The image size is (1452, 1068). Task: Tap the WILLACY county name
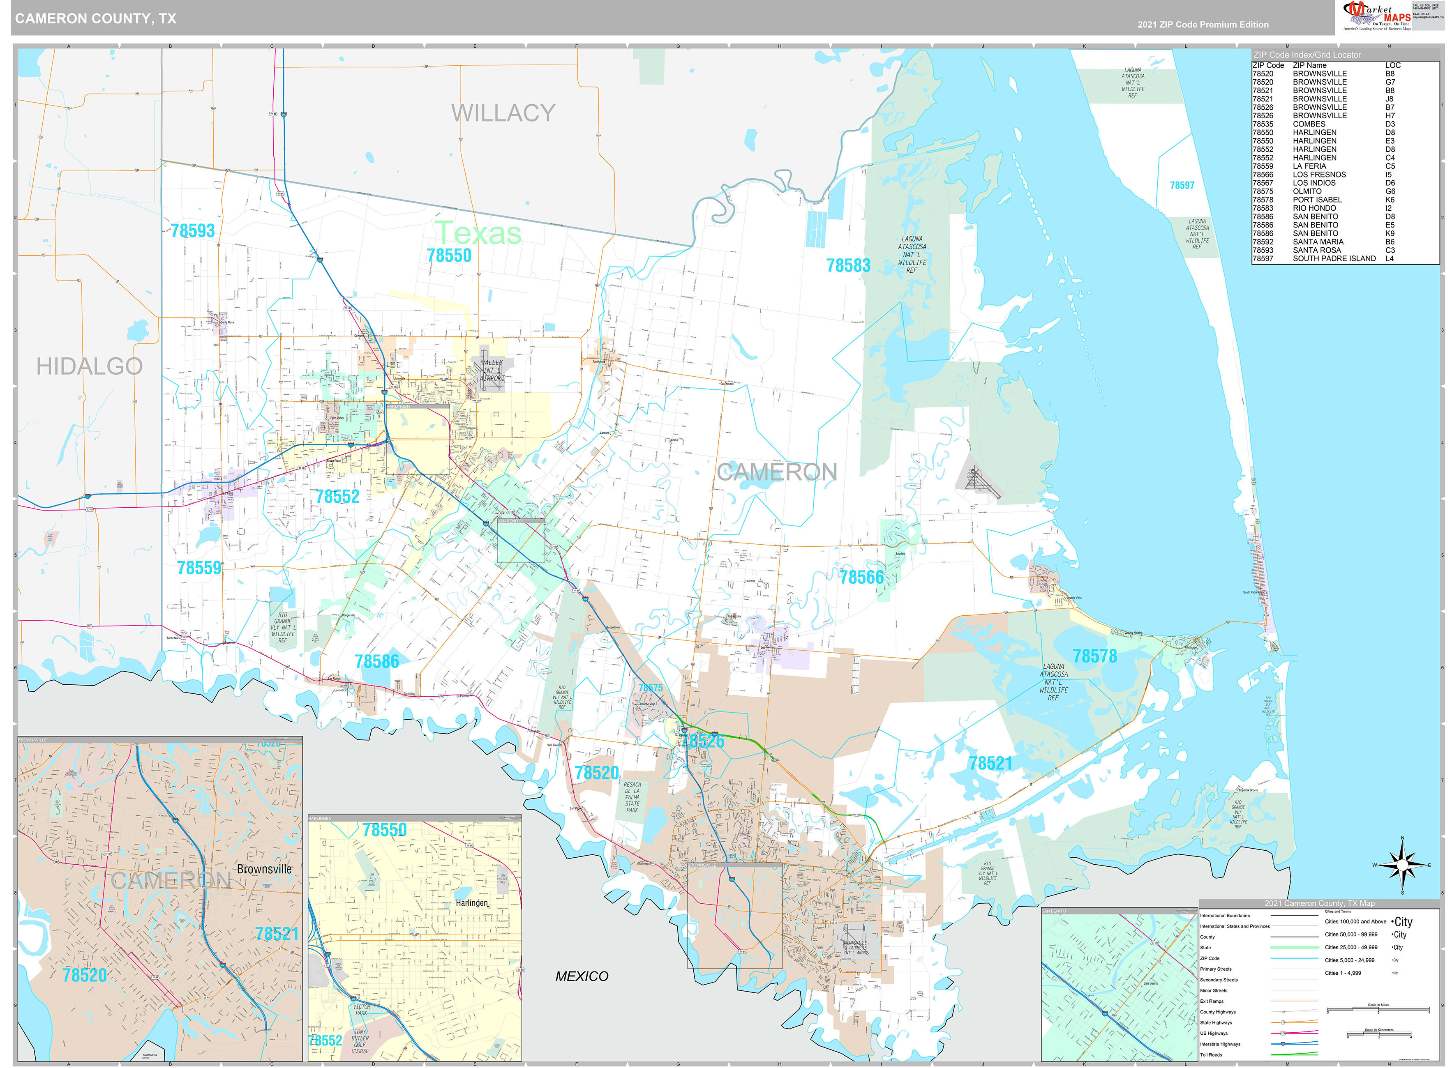click(x=503, y=113)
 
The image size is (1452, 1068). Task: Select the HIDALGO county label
click(x=89, y=366)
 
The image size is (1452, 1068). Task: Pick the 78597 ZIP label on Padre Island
click(x=1182, y=186)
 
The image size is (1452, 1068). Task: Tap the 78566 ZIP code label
click(x=861, y=577)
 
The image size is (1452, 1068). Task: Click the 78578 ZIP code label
click(x=1094, y=656)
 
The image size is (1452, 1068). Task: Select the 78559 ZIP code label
click(x=199, y=568)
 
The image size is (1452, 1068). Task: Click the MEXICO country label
click(x=582, y=976)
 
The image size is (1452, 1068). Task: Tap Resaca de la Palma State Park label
click(x=632, y=797)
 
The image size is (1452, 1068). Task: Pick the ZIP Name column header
click(x=1309, y=65)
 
